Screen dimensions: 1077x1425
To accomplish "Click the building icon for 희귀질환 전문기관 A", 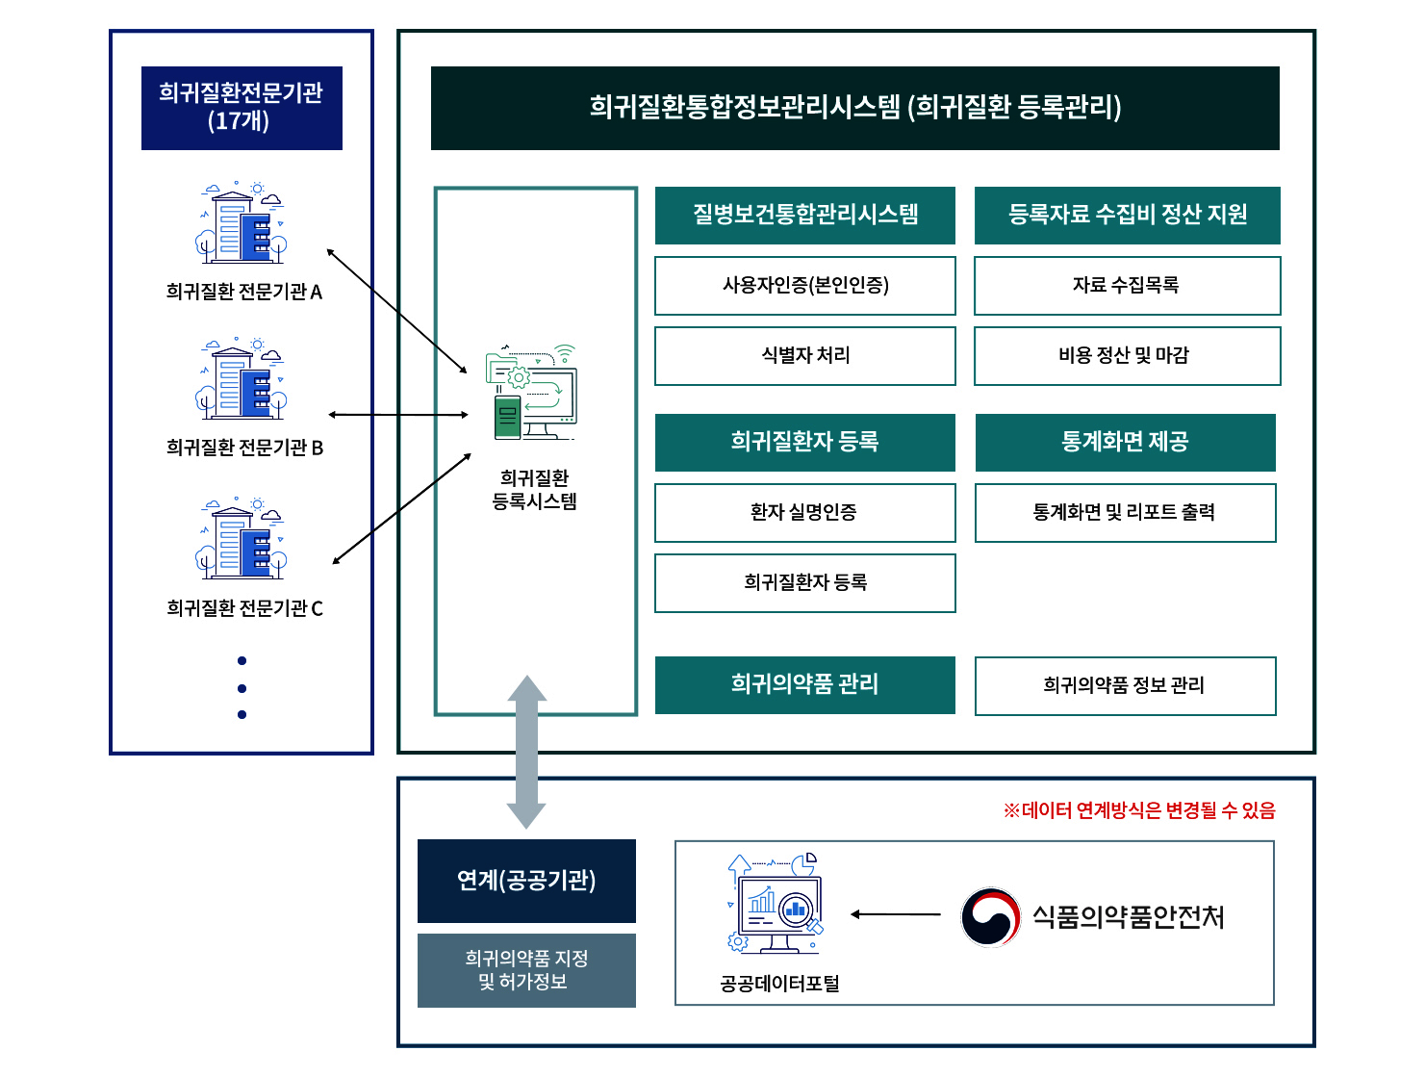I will click(242, 223).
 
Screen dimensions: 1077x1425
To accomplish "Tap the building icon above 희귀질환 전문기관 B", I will click(242, 379).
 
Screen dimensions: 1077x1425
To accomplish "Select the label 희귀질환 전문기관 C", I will click(244, 608).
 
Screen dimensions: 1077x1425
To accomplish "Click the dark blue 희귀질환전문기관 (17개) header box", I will click(242, 108).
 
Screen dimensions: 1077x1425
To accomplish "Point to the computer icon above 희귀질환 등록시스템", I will click(532, 393).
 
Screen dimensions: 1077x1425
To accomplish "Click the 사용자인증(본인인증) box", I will click(805, 286).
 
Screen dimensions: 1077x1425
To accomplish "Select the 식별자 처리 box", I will click(805, 356).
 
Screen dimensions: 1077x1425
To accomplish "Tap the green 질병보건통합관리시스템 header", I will click(805, 215).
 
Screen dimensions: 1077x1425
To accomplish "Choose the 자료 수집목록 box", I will click(1127, 286).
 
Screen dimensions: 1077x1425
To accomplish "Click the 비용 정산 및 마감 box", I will click(1127, 356).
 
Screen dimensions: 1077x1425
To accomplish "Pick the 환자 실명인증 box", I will click(805, 513).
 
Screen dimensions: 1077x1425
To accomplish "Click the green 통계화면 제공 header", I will click(1125, 443).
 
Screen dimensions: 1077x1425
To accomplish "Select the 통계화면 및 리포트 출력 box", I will click(1125, 513).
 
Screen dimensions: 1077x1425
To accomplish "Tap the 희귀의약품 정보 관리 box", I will click(1125, 686).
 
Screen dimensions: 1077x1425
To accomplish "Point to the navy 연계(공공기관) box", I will click(526, 881).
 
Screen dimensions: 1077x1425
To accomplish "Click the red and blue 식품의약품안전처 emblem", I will click(990, 917).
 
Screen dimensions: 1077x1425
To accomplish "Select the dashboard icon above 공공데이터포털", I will click(776, 904).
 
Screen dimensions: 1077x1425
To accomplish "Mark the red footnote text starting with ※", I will click(1139, 810).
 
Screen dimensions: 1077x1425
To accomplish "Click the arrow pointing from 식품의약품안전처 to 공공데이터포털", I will click(896, 914).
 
